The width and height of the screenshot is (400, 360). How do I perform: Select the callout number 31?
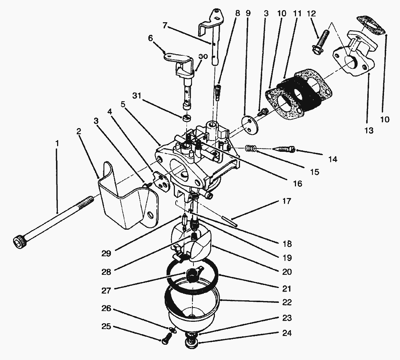[138, 96]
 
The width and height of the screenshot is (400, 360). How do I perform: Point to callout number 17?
[287, 201]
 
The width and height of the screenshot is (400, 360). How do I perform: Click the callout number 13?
[369, 130]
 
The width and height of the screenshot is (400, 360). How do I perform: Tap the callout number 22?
[287, 302]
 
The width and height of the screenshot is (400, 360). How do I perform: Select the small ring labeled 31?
[187, 118]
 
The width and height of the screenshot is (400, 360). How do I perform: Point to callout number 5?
[123, 104]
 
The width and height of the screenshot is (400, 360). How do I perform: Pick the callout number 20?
[287, 272]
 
